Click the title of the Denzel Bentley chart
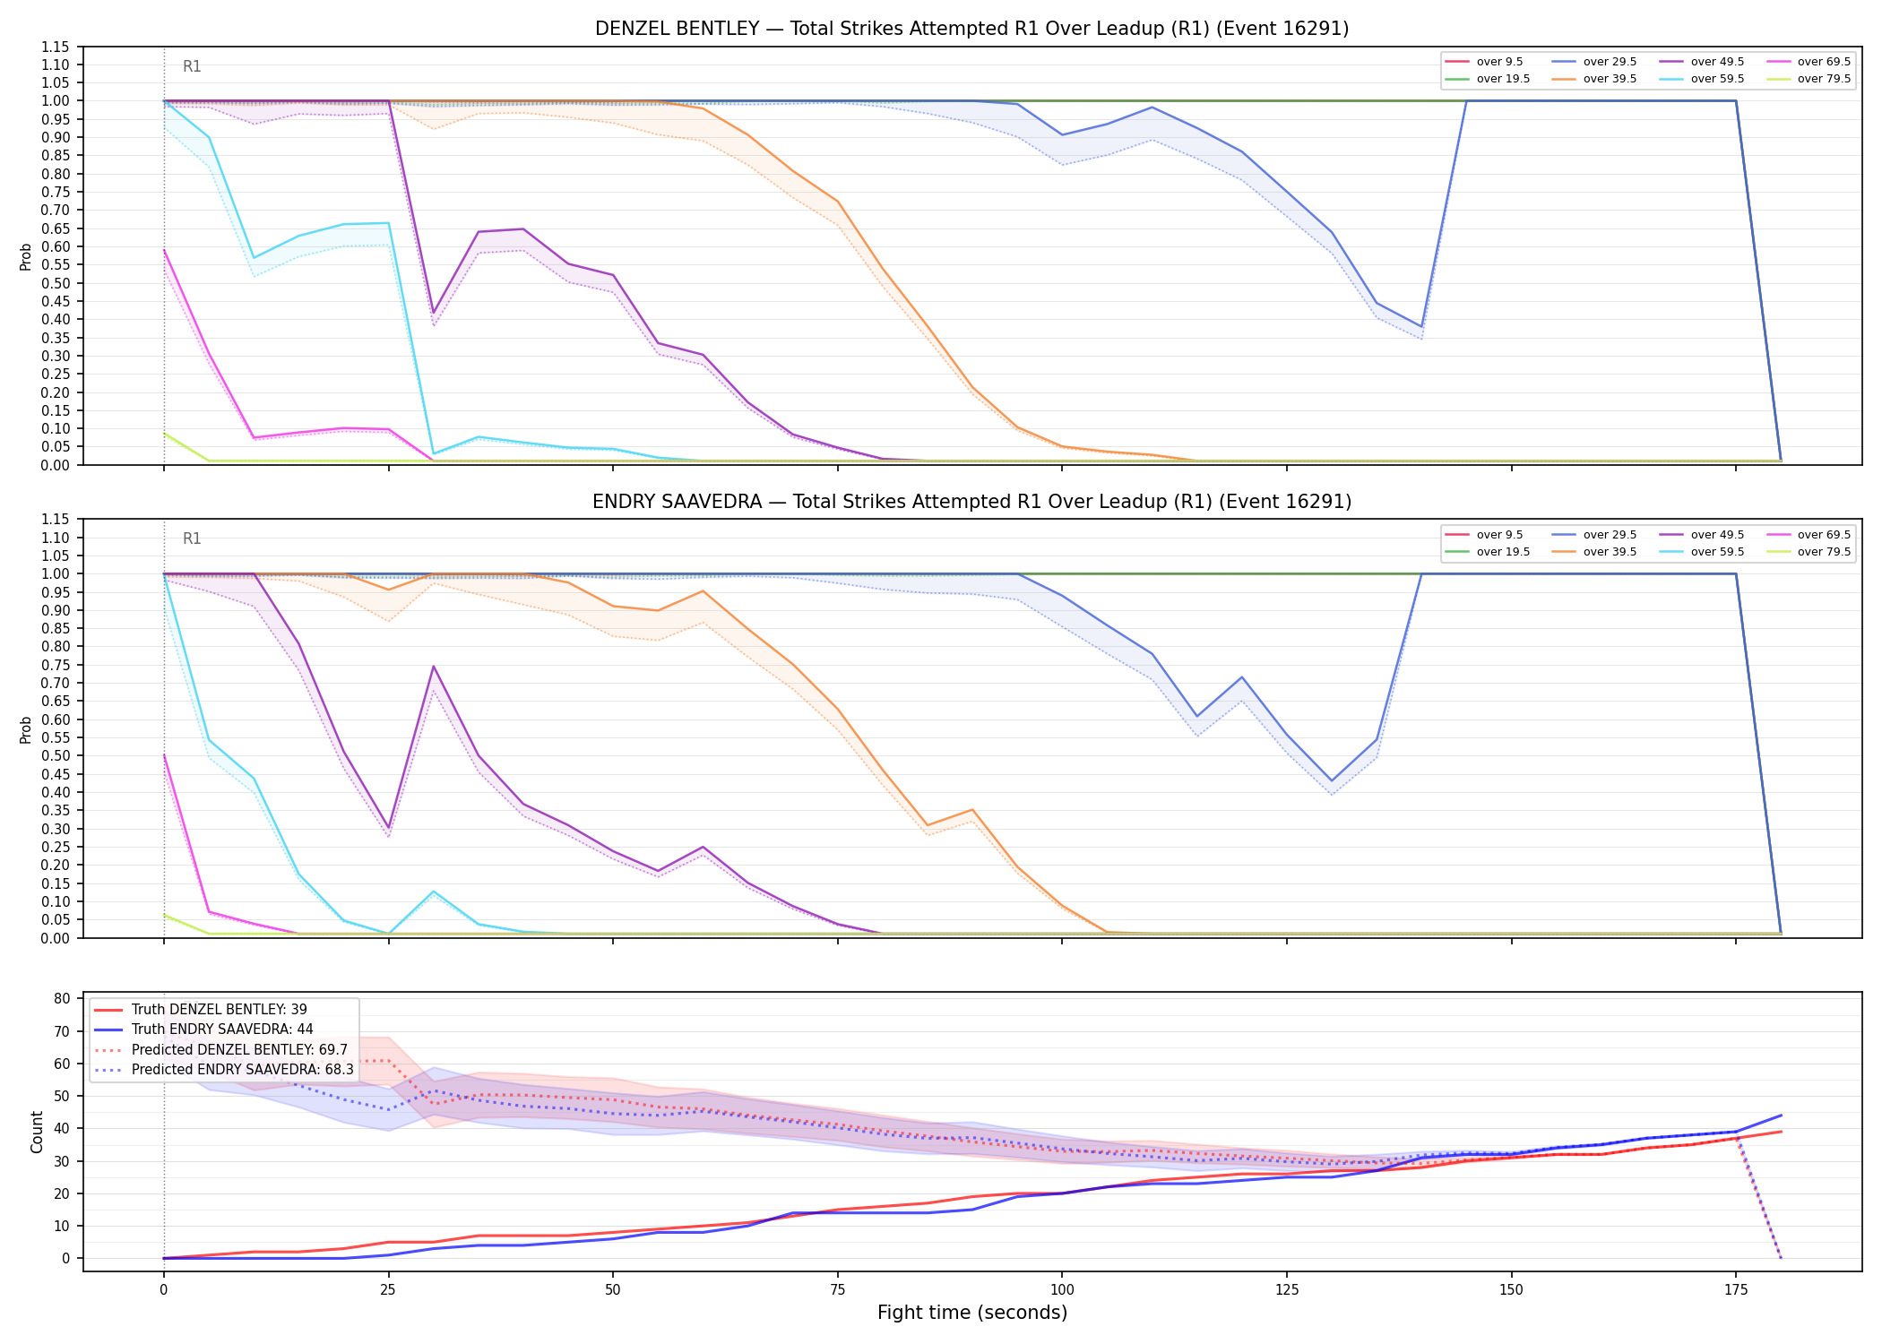click(971, 29)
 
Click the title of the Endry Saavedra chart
click(971, 502)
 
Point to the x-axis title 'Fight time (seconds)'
click(972, 1313)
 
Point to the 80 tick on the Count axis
click(62, 999)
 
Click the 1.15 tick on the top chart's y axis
click(56, 47)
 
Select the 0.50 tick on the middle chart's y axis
click(56, 756)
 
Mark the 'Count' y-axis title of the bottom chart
click(37, 1132)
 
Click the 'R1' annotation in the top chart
click(192, 66)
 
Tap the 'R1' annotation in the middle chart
click(192, 538)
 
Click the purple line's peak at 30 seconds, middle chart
click(434, 666)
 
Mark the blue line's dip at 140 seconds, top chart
click(1421, 327)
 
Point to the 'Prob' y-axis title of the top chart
click(26, 256)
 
